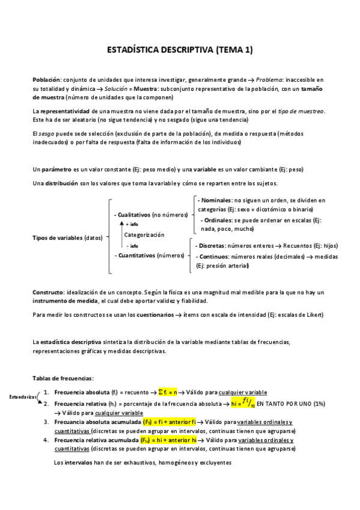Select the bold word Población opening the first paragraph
click(46, 80)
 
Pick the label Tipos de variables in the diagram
click(57, 238)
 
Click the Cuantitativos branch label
click(135, 255)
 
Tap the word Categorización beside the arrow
click(144, 235)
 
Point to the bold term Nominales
click(215, 200)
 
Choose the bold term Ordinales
click(218, 220)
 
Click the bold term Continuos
click(213, 256)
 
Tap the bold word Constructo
click(47, 292)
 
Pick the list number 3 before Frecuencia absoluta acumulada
click(46, 422)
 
